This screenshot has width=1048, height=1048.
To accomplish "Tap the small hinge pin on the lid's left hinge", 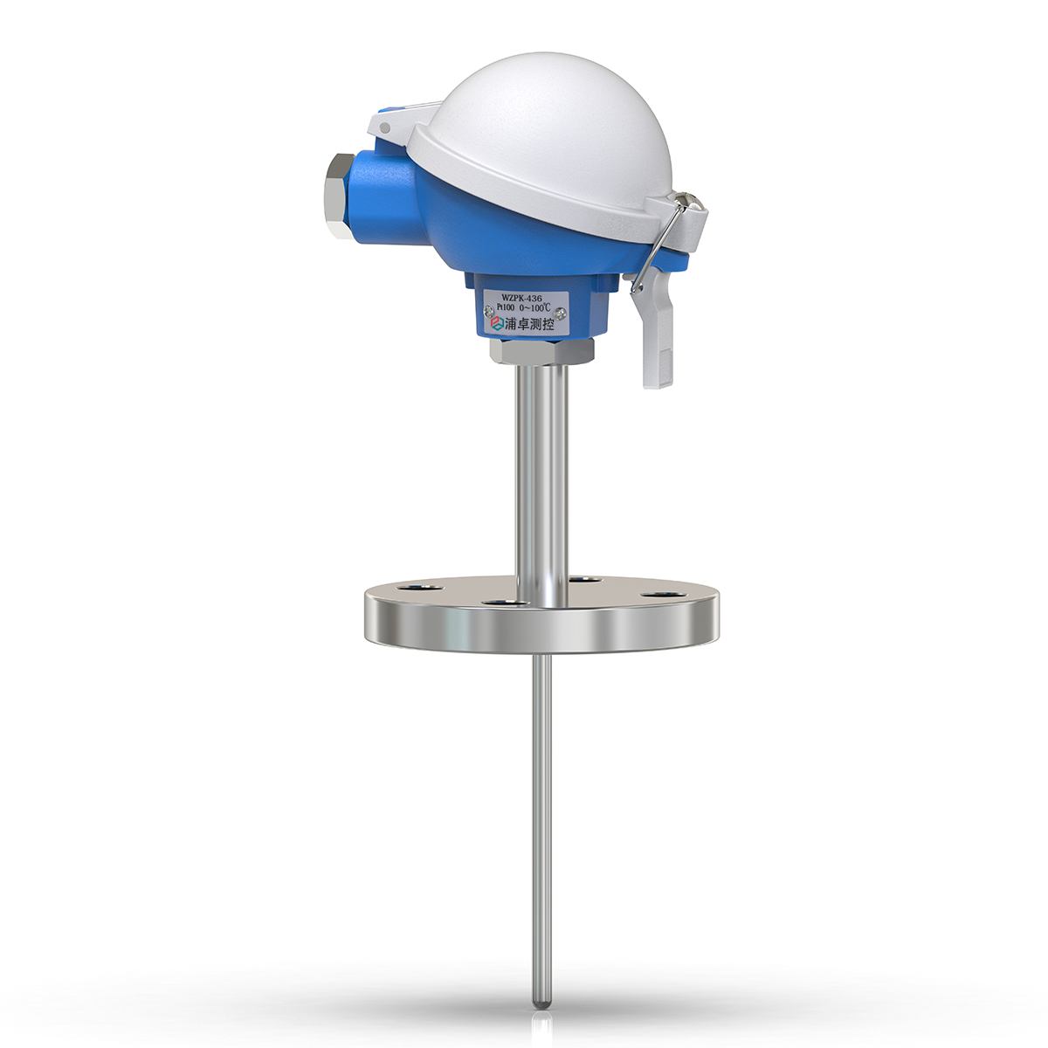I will (x=384, y=128).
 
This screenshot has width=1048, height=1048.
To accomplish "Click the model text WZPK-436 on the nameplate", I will (x=522, y=297).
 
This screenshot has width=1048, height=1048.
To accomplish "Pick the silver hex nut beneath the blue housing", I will (x=541, y=351).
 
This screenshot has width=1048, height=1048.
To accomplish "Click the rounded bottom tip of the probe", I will (x=542, y=1003).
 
